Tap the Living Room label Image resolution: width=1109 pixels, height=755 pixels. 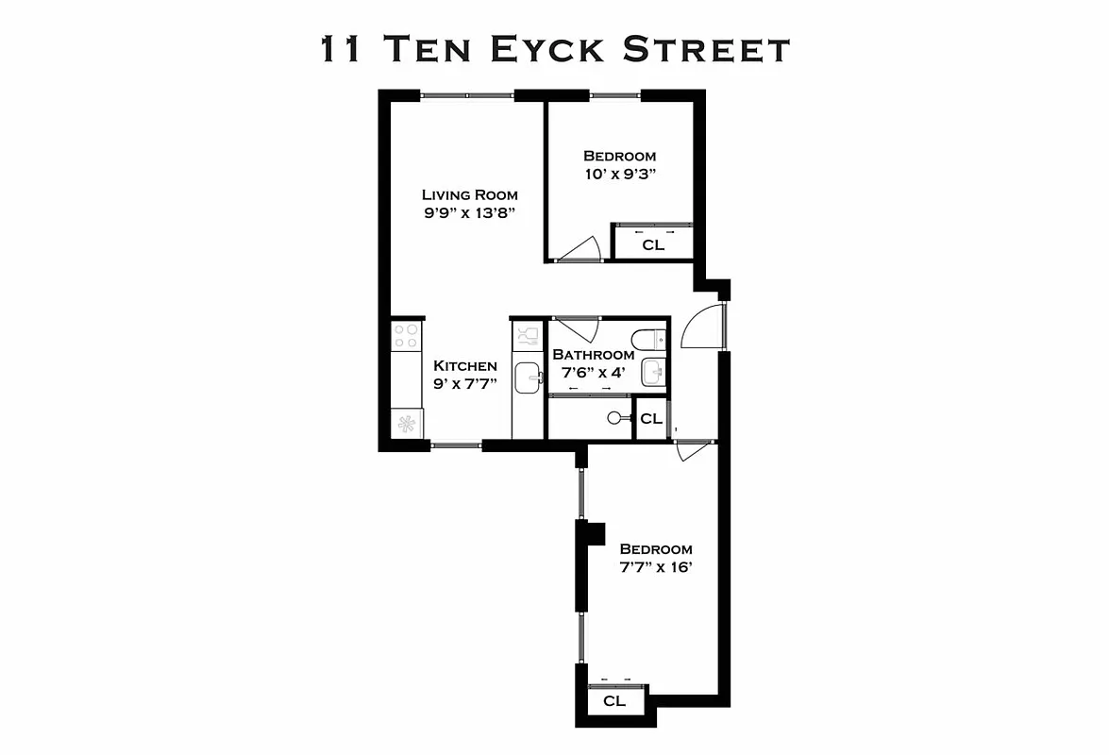pos(469,194)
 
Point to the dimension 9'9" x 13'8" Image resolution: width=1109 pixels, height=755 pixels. pos(470,212)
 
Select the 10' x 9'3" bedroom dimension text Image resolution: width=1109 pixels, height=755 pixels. pos(619,174)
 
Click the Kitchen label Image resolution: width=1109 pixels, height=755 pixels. pos(464,366)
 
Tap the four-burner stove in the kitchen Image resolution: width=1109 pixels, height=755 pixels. pos(407,336)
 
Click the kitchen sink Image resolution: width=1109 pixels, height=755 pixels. pos(528,377)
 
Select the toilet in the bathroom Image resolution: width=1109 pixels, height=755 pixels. pos(650,339)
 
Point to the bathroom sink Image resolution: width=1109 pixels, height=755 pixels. pos(653,373)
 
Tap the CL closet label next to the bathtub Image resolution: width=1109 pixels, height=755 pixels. pos(651,418)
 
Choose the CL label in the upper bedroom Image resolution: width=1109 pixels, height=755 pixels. pos(653,244)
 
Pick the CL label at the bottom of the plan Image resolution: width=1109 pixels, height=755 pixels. pos(614,701)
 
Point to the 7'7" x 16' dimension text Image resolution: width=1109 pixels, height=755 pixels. pos(656,567)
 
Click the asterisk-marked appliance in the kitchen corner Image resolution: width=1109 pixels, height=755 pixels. pos(408,424)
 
